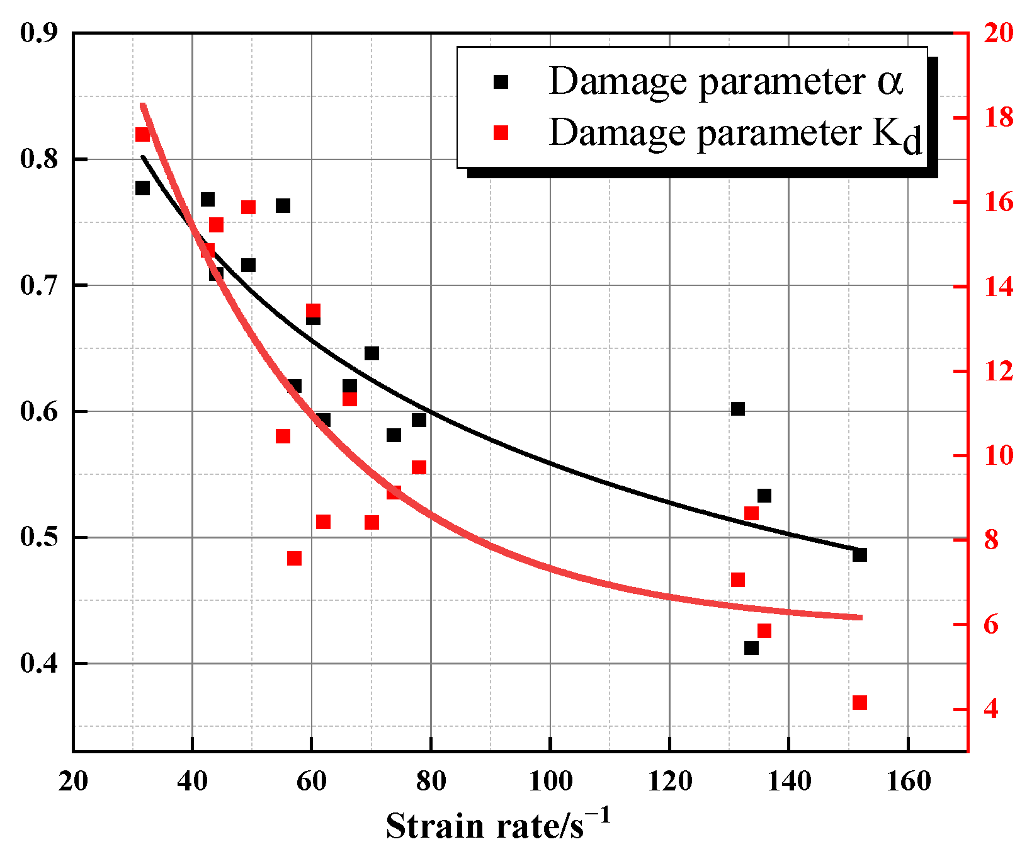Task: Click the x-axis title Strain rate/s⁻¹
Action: coord(497,825)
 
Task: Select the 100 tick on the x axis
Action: coord(550,782)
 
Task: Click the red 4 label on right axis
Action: coord(991,709)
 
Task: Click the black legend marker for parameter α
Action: coord(501,82)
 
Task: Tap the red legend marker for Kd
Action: coord(501,132)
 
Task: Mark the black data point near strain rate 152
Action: coord(860,555)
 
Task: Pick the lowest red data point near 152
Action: coord(860,703)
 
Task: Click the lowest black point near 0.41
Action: coord(751,648)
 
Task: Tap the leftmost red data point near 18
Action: coord(142,134)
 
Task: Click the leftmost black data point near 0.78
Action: coord(142,188)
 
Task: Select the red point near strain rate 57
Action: coord(294,559)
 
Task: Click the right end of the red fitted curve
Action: coord(860,617)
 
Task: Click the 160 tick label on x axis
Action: coord(908,782)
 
